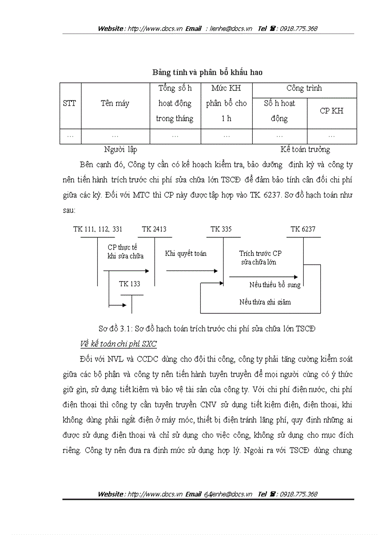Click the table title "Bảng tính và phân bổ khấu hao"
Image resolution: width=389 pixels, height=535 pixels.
(207, 72)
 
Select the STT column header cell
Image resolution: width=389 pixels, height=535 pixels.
(70, 103)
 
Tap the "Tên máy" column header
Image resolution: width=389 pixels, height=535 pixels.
(115, 103)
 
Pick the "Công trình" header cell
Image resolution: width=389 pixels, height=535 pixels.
(304, 88)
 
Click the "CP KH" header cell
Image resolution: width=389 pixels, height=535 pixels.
(331, 111)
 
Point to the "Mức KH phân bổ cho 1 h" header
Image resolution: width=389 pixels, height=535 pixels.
(226, 103)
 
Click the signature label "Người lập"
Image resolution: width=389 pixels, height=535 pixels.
(121, 150)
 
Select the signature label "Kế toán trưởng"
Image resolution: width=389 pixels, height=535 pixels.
(305, 150)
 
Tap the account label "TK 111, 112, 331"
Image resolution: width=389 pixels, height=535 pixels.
(98, 229)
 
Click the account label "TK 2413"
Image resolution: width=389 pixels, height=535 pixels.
(154, 229)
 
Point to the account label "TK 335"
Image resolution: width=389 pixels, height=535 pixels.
(221, 229)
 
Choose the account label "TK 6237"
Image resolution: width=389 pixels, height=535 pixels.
(303, 229)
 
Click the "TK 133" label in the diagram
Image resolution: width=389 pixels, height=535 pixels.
(130, 284)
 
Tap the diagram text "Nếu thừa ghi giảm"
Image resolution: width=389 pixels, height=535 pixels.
(265, 302)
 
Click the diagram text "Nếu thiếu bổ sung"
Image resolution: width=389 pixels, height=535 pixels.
(275, 285)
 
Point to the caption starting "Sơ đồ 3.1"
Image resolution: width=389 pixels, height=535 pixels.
(207, 329)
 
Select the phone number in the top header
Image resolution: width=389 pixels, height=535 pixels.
(298, 29)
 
